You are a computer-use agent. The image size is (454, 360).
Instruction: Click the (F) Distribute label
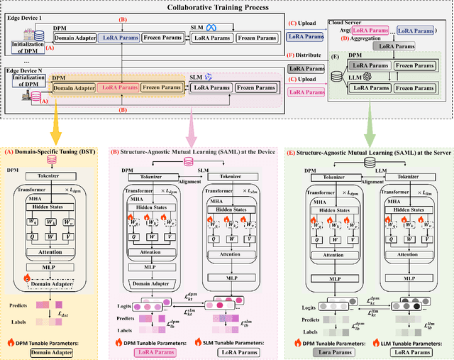pyautogui.click(x=303, y=55)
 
